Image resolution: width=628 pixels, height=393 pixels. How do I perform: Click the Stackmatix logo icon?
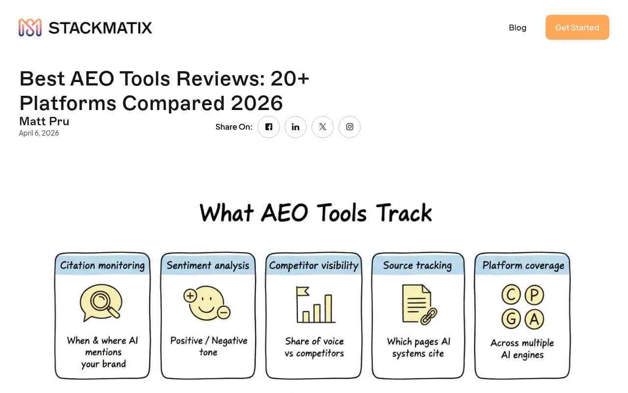coord(30,28)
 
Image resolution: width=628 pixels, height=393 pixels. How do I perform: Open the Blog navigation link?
coord(518,28)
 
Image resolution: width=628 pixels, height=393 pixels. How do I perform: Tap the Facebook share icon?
coord(269,127)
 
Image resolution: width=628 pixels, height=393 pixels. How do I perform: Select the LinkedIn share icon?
coord(295,127)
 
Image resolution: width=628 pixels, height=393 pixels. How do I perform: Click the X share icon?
coord(322,127)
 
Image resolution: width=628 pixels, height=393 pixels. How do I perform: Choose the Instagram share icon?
coord(349,127)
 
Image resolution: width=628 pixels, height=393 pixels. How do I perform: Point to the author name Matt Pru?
coord(44,121)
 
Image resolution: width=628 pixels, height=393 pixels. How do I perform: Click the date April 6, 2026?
coord(39,133)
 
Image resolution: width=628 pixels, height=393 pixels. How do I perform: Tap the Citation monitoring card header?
coord(103,265)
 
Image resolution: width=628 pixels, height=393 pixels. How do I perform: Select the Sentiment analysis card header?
coord(208,265)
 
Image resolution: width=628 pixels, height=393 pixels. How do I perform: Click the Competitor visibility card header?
coord(314,265)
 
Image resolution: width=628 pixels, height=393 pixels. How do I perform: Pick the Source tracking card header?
coord(418,265)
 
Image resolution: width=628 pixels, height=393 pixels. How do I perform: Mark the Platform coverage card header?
coord(523,265)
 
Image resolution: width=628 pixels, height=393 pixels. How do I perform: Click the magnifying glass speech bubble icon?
coord(101,303)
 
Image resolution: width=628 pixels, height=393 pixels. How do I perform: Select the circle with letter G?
coord(511,319)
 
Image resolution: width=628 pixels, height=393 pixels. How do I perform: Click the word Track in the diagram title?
coord(404,213)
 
